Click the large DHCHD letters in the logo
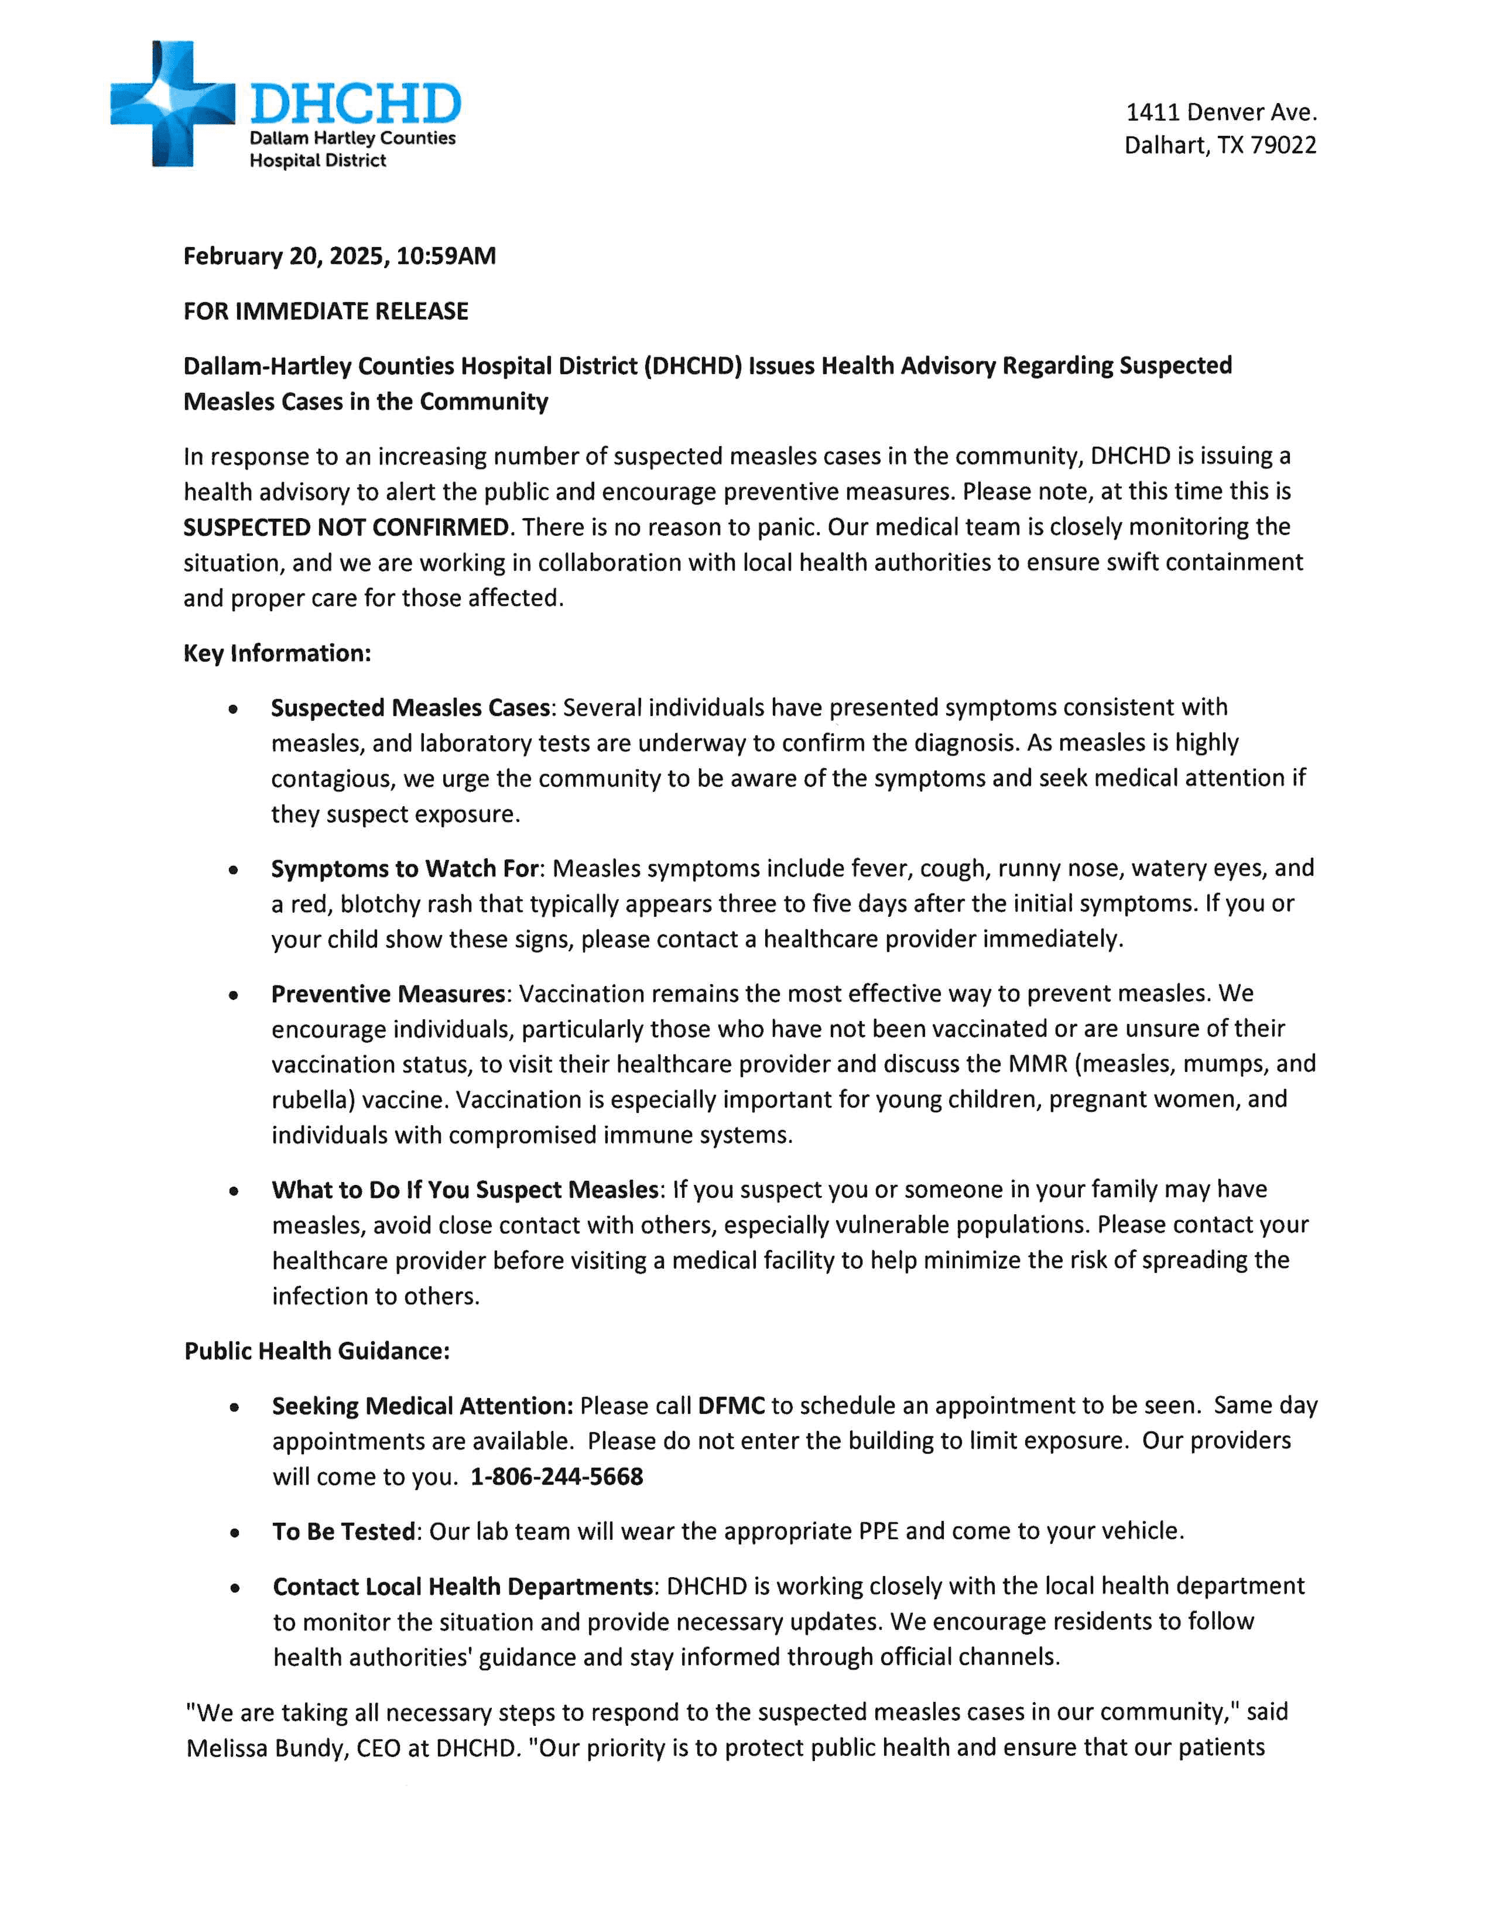click(355, 104)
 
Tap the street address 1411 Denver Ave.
click(1221, 112)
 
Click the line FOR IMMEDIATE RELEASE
click(326, 311)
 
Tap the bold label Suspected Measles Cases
click(411, 708)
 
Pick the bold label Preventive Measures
click(388, 994)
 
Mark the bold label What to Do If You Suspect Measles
click(465, 1190)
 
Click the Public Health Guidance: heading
click(317, 1351)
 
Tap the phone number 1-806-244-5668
click(556, 1477)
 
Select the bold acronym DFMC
click(731, 1406)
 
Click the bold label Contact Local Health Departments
click(463, 1586)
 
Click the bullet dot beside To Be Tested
click(234, 1533)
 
